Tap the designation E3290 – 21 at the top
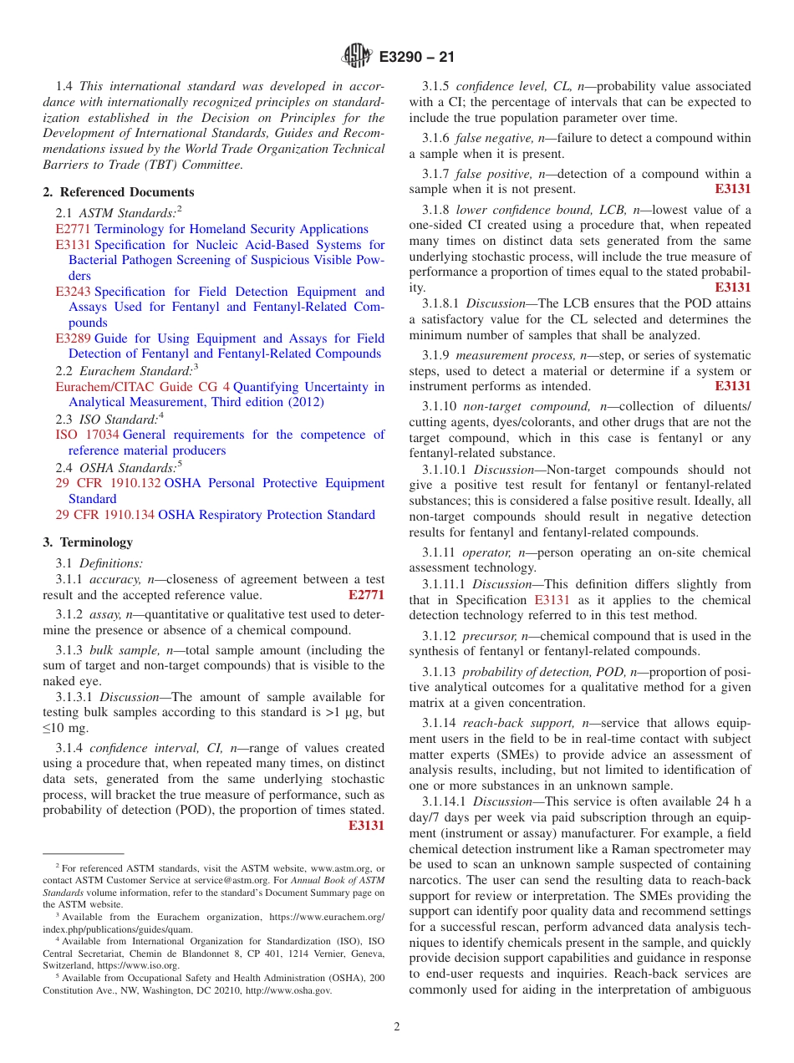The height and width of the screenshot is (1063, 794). pyautogui.click(x=416, y=58)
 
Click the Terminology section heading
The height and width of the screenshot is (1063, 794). pyautogui.click(x=94, y=542)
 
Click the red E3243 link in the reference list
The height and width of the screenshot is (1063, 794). pyautogui.click(x=74, y=292)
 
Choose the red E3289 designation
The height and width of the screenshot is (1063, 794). pyautogui.click(x=74, y=338)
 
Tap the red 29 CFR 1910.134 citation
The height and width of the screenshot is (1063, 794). pyautogui.click(x=104, y=515)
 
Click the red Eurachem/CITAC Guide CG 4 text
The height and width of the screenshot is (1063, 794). pyautogui.click(x=142, y=387)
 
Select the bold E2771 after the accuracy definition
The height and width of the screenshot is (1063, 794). pyautogui.click(x=366, y=595)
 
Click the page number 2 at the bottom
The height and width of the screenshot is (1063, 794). pyautogui.click(x=397, y=1027)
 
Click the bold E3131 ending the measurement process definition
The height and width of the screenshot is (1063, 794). pyautogui.click(x=733, y=386)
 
